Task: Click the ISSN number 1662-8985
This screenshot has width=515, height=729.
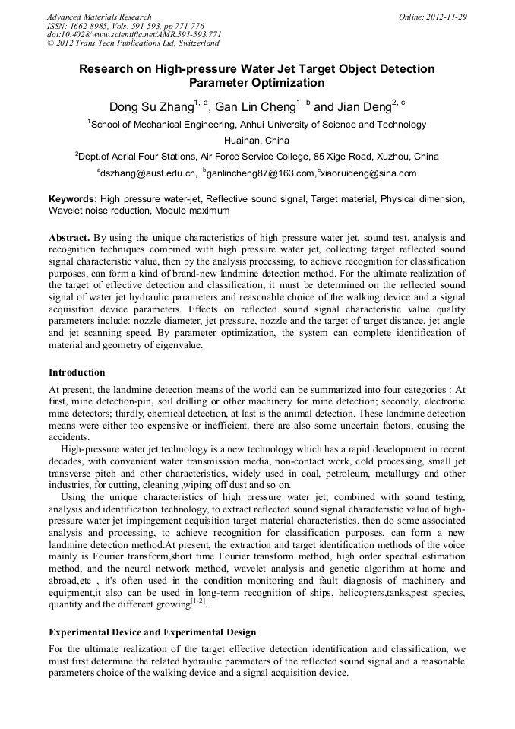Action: coord(91,26)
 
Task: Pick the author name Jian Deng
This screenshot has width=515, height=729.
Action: coord(362,107)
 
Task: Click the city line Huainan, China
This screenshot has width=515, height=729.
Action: coord(257,141)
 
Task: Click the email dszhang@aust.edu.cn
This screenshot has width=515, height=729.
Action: coord(148,173)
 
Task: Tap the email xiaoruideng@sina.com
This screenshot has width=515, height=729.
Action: coord(369,173)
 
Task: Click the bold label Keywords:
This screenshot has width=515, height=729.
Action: coord(73,198)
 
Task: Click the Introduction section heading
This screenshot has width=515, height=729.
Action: coord(77,372)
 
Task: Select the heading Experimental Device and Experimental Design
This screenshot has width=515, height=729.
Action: coord(152,632)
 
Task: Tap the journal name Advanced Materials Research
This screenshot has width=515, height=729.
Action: coord(100,17)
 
